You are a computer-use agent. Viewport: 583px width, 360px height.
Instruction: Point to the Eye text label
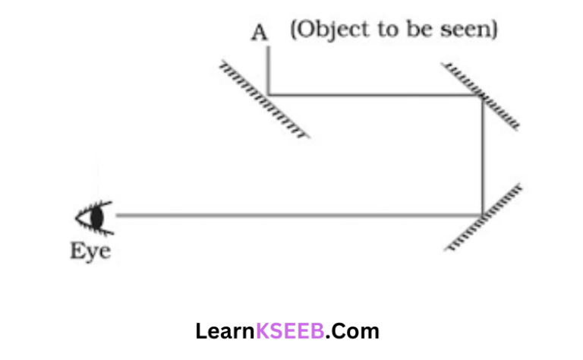click(x=90, y=251)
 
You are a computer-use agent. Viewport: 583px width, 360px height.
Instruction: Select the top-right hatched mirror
click(x=483, y=97)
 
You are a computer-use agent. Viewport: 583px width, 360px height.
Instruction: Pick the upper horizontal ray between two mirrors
click(x=375, y=95)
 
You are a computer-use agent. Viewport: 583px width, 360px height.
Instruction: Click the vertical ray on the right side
click(x=483, y=156)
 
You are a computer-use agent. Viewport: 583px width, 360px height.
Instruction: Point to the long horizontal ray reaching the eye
click(x=296, y=215)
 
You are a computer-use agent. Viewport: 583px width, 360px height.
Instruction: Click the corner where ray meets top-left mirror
click(x=268, y=95)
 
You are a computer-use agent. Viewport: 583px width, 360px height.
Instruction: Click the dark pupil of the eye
click(x=96, y=217)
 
